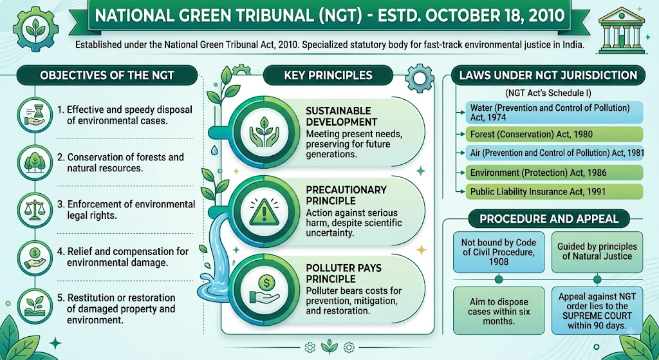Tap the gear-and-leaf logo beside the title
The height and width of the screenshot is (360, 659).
pos(36,29)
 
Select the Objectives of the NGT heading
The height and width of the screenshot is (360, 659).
pos(107,76)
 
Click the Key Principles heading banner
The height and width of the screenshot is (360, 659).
pos(328,75)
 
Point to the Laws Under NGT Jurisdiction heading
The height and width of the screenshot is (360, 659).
pos(548,75)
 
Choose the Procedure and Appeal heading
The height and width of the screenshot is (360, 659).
pos(549,219)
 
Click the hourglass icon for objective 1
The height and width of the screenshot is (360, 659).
pos(36,115)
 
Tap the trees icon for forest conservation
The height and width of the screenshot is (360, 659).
pos(36,162)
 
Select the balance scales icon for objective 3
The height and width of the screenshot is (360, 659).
pos(36,209)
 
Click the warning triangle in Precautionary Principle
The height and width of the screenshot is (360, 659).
pos(264,212)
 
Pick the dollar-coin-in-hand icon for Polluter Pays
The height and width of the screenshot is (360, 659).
pos(264,289)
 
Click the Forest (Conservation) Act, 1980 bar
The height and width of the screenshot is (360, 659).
pos(554,135)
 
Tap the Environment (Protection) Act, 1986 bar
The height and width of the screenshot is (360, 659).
pos(554,173)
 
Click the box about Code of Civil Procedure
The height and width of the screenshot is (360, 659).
pos(499,252)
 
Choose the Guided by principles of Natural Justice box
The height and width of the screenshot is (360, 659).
pos(597,252)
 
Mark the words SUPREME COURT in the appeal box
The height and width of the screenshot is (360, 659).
pos(597,316)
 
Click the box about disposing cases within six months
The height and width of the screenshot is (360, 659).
pos(499,310)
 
